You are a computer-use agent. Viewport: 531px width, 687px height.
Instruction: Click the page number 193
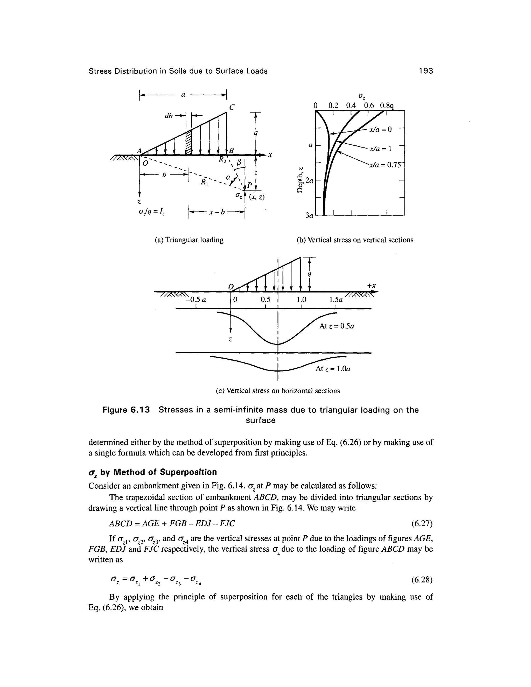tap(426, 71)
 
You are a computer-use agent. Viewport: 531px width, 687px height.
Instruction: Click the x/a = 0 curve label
tap(381, 129)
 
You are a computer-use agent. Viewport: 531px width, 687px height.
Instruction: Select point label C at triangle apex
tap(232, 108)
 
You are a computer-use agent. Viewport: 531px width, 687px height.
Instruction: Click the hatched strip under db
tap(189, 142)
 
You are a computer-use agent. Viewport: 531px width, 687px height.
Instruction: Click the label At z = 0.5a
tap(337, 326)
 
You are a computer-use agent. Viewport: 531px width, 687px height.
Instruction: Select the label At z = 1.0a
tap(333, 368)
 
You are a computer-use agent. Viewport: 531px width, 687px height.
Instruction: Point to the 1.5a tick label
tap(336, 300)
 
